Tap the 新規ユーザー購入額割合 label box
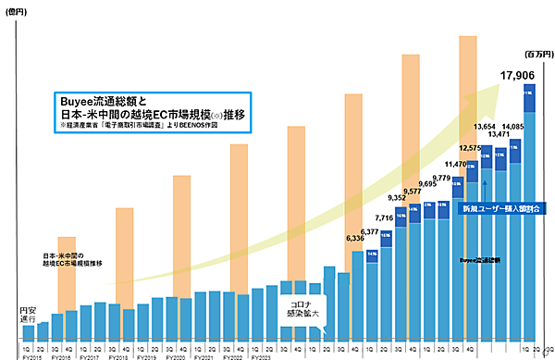point(500,209)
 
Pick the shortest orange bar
point(67,274)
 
